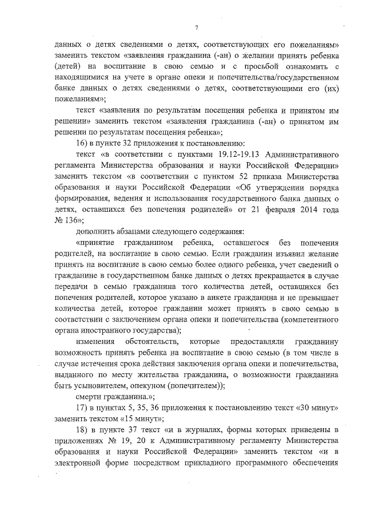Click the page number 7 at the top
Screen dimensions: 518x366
tap(196, 27)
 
